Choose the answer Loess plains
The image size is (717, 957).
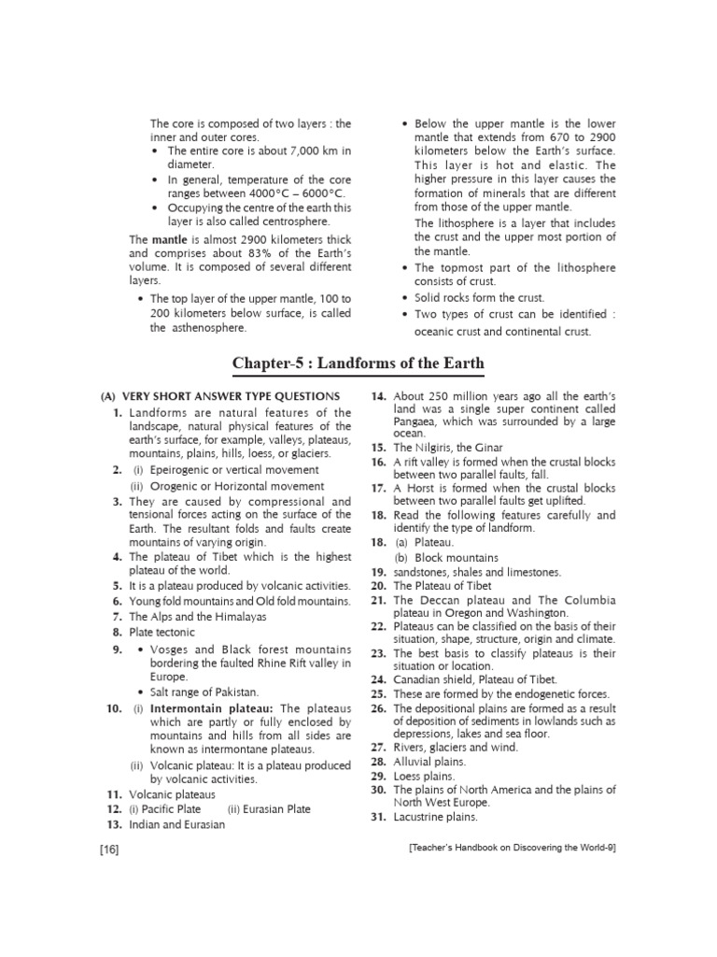point(424,776)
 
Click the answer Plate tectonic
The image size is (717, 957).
point(162,632)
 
